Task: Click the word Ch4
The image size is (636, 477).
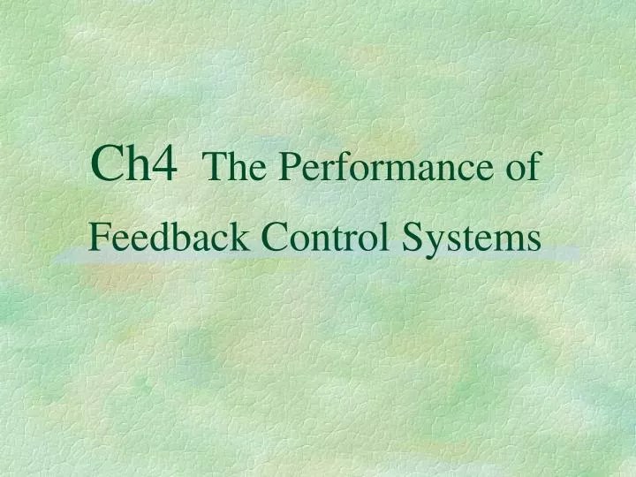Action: (x=134, y=164)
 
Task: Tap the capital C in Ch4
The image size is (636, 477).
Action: (x=108, y=164)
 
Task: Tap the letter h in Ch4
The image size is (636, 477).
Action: (x=134, y=164)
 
